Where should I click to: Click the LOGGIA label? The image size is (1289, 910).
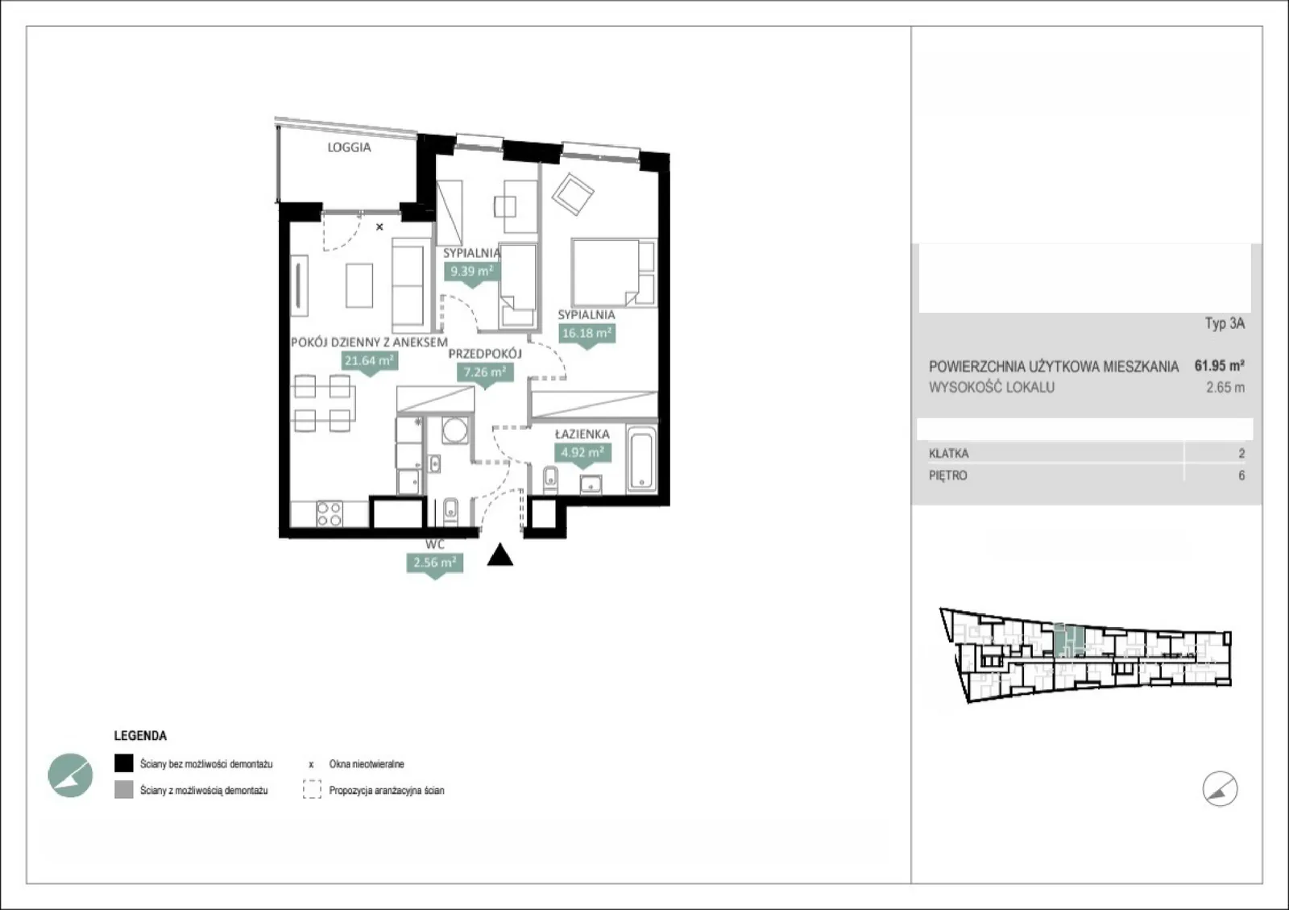350,148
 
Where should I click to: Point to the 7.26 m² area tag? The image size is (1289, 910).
485,372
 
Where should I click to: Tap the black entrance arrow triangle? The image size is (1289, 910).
500,555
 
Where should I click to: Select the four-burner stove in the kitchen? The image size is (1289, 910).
330,514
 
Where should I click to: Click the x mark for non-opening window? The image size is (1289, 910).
379,226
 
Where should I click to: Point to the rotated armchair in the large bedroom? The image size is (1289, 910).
573,194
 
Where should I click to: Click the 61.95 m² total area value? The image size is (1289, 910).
1220,365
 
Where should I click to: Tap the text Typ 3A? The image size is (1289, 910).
1225,323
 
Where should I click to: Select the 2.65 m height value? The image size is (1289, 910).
1225,388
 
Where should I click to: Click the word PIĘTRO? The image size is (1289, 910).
947,476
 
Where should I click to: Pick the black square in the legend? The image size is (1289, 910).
124,763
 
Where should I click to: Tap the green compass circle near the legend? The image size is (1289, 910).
70,775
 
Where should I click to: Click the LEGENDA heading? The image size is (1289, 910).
140,736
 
